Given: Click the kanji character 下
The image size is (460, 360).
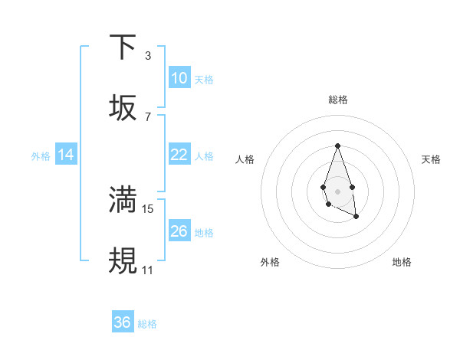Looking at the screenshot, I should tap(123, 47).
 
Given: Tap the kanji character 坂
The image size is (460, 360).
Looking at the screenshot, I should tap(123, 108).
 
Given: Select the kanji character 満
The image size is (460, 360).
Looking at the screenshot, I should tap(123, 200).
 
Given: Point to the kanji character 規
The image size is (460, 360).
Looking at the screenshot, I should tap(123, 261).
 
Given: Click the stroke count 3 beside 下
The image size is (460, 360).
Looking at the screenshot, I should tap(147, 55).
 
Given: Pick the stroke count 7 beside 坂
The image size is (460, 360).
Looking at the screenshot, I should tap(147, 116).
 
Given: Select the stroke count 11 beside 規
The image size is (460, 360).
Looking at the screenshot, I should tap(148, 270).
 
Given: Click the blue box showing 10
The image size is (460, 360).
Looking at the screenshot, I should tap(179, 78).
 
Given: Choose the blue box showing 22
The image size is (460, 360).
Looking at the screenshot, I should tap(179, 155).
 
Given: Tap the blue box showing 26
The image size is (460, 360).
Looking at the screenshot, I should tap(179, 231).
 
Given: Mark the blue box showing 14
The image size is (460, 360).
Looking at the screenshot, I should tap(66, 155).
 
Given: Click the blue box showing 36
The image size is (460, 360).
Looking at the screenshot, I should tap(123, 322).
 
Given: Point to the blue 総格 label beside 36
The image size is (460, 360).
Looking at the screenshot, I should tap(147, 324).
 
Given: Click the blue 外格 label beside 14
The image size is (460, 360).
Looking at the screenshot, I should tap(41, 156).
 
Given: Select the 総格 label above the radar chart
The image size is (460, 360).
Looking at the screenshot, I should tap(337, 100).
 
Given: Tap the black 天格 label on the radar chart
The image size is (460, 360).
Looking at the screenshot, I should tap(431, 159).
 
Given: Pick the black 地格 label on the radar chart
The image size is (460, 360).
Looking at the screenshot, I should tap(402, 262).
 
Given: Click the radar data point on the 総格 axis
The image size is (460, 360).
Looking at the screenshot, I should tap(337, 145).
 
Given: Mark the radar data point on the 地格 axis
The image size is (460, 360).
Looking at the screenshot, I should tap(356, 217).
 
